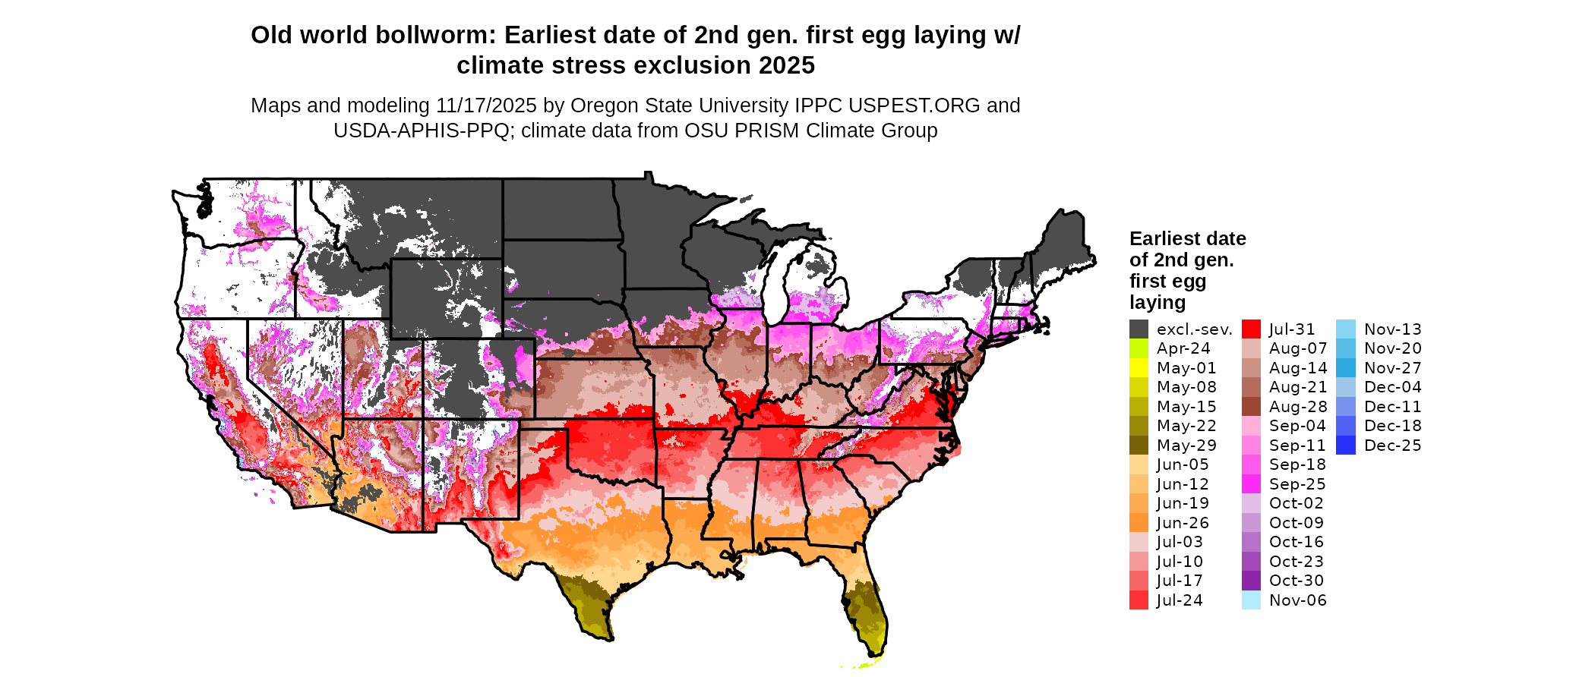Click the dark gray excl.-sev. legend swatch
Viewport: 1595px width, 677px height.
click(x=1139, y=329)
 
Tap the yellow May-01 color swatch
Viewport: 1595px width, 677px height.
click(x=1139, y=368)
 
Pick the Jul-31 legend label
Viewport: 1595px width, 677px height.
click(x=1292, y=329)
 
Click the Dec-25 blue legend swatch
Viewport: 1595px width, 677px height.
click(x=1345, y=446)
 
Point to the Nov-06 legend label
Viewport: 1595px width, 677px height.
click(x=1297, y=600)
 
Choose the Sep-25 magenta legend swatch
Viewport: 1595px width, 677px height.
click(x=1251, y=484)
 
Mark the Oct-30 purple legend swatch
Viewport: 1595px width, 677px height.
click(x=1251, y=581)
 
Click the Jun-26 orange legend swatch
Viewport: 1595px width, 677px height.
click(x=1139, y=523)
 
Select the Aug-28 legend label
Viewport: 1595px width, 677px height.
click(x=1298, y=407)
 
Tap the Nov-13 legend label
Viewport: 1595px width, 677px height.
click(x=1392, y=329)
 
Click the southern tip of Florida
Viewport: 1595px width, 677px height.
click(x=873, y=654)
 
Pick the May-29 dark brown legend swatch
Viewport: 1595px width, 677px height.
click(x=1139, y=446)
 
